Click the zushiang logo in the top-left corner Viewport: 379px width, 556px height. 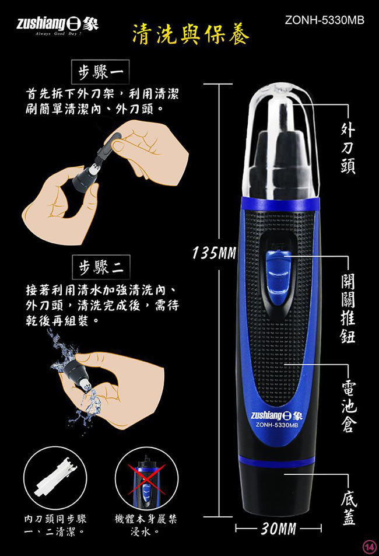coord(58,25)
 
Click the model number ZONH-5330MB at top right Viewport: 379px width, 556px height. coord(324,20)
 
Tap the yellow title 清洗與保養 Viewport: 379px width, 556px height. coord(191,36)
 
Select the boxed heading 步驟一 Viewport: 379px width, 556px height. coord(101,72)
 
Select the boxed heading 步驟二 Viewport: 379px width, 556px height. coord(101,267)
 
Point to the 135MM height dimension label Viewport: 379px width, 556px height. coord(214,253)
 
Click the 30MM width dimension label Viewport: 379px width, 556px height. coord(279,529)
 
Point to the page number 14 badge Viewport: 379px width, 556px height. coord(370,547)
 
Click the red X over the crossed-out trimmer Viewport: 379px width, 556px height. coord(146,480)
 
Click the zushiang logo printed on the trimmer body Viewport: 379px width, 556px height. coord(276,415)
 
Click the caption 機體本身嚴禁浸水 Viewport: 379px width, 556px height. coord(146,525)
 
